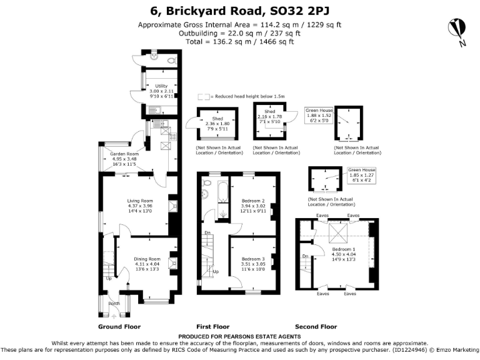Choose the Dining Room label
147,264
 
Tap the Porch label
114,304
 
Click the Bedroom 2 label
254,206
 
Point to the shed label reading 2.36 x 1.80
217,124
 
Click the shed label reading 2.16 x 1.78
271,113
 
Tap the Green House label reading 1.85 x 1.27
362,176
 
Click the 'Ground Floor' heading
119,327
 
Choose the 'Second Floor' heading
316,327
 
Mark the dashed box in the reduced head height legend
204,97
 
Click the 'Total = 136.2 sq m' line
239,42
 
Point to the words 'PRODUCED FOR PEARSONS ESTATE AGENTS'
239,337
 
